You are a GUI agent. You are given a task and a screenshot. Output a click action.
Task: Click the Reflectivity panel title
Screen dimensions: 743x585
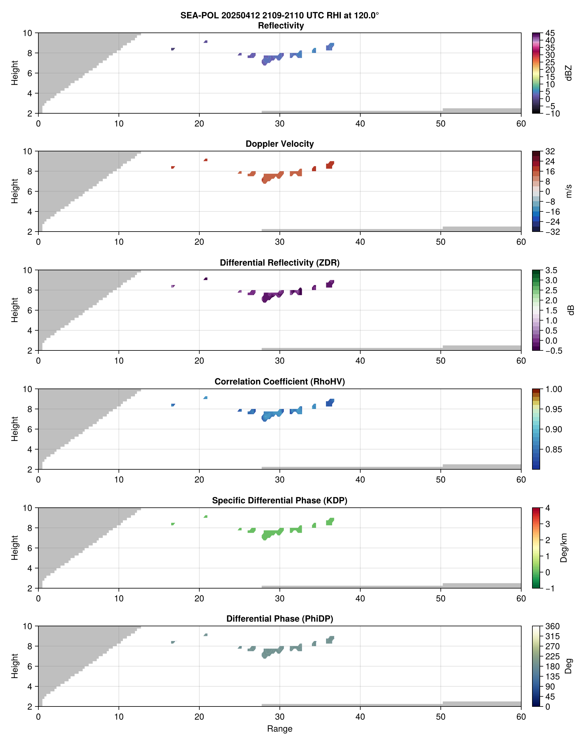pos(280,26)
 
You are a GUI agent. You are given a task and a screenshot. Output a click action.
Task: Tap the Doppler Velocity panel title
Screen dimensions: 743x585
pos(279,144)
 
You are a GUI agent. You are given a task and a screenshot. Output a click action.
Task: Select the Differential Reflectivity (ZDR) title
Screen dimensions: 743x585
pos(279,263)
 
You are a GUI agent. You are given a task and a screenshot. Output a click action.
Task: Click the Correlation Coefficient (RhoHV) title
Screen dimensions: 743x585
pos(279,382)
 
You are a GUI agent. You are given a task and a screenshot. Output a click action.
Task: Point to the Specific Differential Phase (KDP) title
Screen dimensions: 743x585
pos(279,501)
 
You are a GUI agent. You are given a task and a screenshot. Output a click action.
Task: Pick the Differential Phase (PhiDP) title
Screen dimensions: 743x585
pos(279,619)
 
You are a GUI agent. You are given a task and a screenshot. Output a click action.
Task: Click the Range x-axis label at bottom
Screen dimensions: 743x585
pos(279,729)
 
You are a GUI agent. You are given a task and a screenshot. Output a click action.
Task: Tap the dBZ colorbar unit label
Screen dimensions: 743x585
pos(569,73)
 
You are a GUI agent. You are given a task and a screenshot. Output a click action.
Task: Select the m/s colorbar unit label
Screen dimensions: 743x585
pos(569,191)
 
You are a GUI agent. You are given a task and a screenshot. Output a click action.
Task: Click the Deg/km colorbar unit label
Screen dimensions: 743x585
pos(564,548)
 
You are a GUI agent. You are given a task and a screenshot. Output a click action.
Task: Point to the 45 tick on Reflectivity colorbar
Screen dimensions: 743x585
pos(550,33)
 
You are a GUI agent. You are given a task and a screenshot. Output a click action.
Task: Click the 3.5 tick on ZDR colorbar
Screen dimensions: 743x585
pos(551,270)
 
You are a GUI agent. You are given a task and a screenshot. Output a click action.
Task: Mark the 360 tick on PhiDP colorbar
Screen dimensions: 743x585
pos(552,627)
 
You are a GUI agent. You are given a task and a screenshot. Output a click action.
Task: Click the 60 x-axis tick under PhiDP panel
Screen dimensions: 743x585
pos(521,717)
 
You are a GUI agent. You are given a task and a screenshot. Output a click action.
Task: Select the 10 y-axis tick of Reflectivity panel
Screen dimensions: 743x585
pos(28,33)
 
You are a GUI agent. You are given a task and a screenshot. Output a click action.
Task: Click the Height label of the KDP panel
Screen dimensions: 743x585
pos(14,548)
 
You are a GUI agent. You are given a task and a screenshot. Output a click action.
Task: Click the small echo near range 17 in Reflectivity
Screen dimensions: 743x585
pos(173,49)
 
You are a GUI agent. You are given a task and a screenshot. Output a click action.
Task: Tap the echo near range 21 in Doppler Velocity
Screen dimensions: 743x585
pos(206,160)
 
